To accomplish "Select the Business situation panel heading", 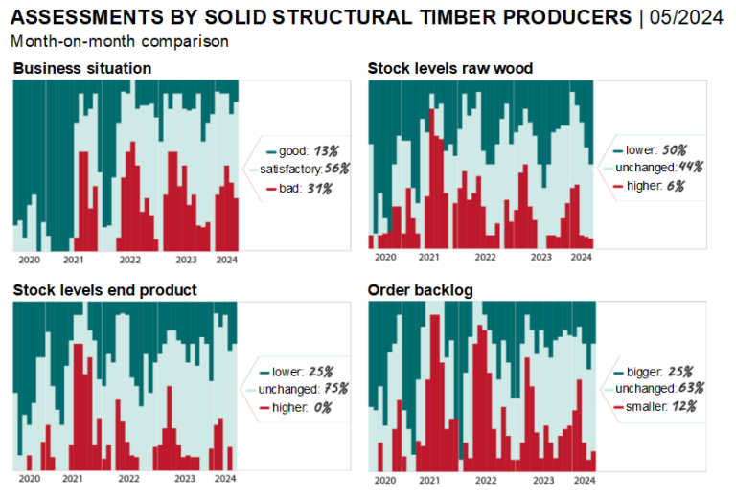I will pos(82,68).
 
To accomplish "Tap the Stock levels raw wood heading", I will pos(450,68).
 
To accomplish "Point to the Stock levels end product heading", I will pos(105,289).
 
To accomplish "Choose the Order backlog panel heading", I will pos(420,289).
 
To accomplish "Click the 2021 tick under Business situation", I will pos(73,259).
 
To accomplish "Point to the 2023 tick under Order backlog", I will pos(542,479).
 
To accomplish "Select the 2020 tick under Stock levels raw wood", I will pos(385,257).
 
